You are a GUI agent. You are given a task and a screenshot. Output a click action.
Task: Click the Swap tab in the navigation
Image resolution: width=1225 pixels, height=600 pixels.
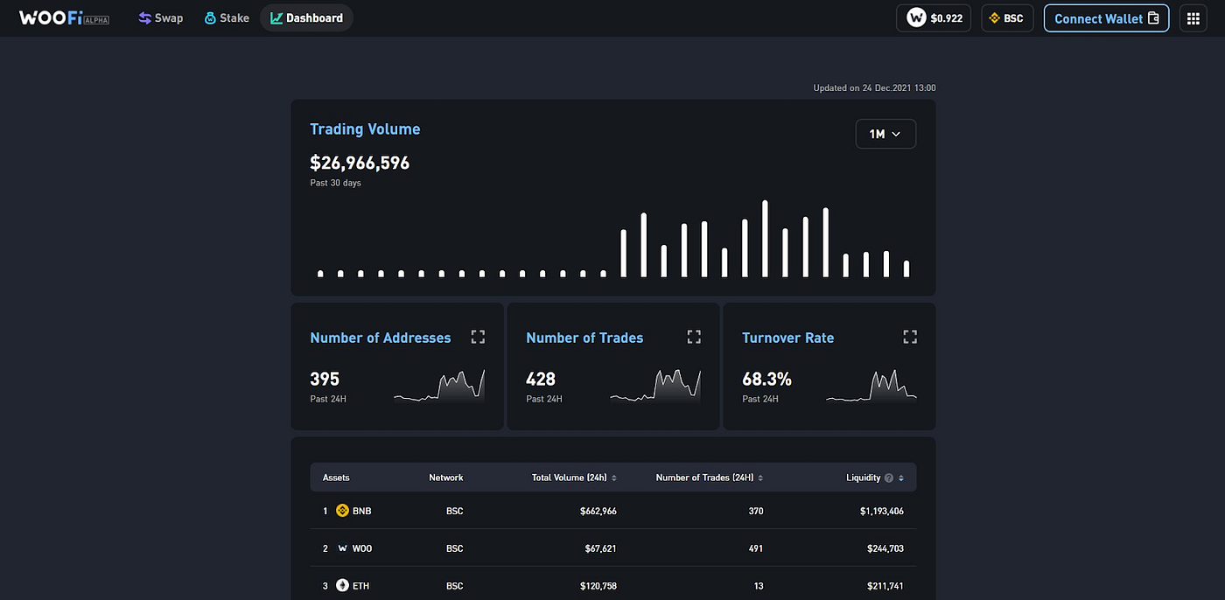pos(160,18)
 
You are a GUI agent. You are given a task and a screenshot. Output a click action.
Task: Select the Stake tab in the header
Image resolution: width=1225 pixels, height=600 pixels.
pos(227,18)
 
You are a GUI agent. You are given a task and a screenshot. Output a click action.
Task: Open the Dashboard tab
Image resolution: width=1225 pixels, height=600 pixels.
pos(306,18)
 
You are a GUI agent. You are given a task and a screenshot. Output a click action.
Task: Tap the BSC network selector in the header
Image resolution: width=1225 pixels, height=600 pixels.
pos(1007,18)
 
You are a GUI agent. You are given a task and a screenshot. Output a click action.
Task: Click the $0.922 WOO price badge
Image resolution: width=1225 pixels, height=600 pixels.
pos(934,18)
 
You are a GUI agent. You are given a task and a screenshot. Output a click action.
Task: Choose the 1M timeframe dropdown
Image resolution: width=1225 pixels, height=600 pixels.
pos(885,134)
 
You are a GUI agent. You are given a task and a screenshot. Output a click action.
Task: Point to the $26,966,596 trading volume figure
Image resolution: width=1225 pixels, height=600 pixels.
pos(360,163)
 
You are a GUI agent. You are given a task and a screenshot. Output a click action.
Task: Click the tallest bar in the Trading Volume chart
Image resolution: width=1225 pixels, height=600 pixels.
pos(765,239)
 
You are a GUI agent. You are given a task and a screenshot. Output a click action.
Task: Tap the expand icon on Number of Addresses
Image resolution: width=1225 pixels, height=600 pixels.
pos(478,337)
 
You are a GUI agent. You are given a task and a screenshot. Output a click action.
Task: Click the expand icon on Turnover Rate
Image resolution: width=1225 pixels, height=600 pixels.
pos(910,337)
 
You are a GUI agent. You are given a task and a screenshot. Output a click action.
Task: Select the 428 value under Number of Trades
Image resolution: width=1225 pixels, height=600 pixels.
pos(541,380)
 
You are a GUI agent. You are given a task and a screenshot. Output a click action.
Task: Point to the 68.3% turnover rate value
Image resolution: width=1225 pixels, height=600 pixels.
pos(766,380)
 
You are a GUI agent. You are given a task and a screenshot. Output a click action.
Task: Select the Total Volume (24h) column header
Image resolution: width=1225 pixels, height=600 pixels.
pos(570,478)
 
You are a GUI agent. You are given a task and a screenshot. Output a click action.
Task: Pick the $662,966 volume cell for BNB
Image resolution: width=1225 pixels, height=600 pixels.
pos(598,511)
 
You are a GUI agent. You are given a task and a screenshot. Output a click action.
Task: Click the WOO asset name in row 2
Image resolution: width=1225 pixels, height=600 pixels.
pos(362,548)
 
